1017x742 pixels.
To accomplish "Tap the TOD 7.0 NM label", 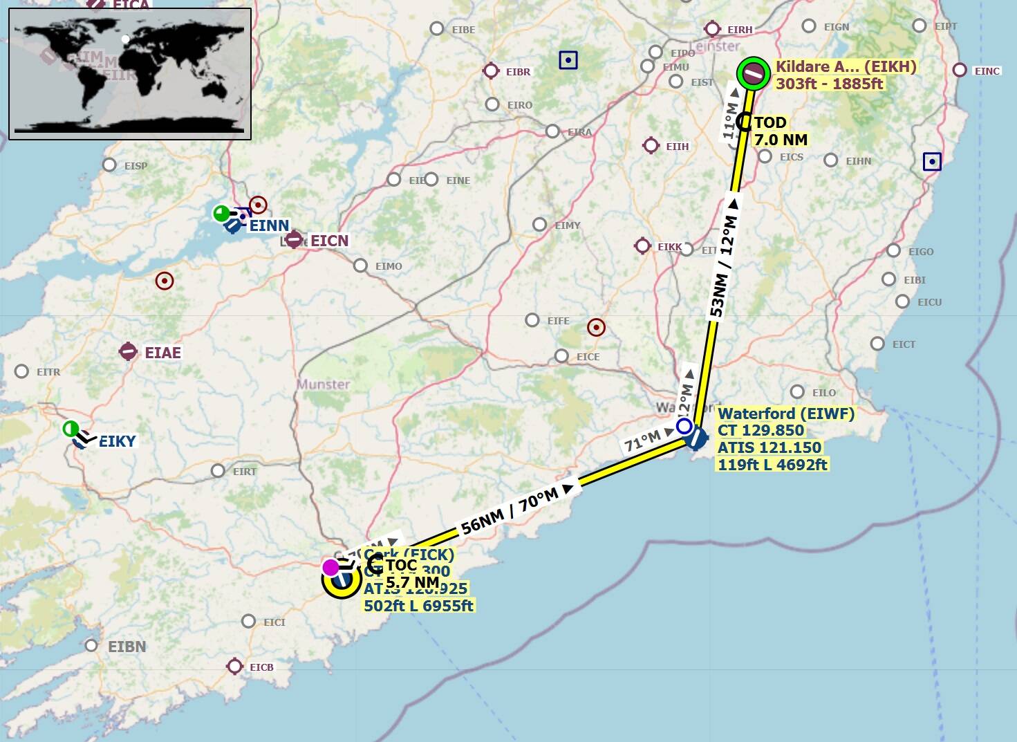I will coord(779,131).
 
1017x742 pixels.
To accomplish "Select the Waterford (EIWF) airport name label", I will coord(786,414).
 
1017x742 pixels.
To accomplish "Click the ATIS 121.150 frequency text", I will coord(769,447).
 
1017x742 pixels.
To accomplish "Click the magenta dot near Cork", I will coord(330,568).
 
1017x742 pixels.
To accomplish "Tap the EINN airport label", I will coord(269,225).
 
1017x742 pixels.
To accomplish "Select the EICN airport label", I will coord(329,241).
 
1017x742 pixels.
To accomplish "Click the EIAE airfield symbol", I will coord(128,351).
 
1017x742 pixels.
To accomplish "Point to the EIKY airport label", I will coord(117,441).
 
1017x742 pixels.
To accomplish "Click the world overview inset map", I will coord(130,74).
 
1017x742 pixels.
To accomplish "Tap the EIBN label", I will coord(127,647).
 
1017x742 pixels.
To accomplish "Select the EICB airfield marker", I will coord(234,666).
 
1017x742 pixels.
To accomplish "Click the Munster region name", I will coord(324,384).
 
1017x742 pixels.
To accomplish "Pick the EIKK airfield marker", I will coord(642,245).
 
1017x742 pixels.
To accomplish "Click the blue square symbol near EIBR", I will coord(568,60).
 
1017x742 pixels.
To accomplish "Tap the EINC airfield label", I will coord(987,71).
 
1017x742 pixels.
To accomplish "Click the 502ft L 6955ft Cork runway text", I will coord(418,606).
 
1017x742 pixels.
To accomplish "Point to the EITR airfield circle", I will coord(21,371).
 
